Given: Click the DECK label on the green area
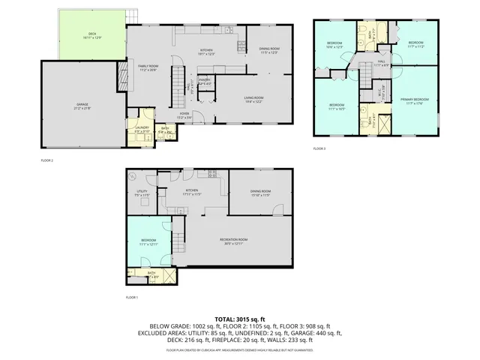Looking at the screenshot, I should tap(92, 34).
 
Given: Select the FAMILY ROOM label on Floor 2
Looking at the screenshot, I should tap(148, 66).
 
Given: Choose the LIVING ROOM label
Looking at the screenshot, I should tap(253, 97).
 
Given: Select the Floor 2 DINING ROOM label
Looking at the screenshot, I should tap(269, 49).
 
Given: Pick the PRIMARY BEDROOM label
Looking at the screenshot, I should tap(415, 99).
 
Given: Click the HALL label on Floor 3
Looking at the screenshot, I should tap(381, 61).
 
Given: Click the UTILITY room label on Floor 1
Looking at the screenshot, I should tap(141, 193).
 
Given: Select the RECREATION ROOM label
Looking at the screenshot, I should tap(234, 239).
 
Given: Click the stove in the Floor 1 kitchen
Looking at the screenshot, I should tap(212, 174).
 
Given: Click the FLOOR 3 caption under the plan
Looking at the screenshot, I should tap(319, 149).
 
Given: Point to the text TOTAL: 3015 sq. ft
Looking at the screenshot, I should tap(239, 318).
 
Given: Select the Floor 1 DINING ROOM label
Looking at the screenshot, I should tap(260, 191).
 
